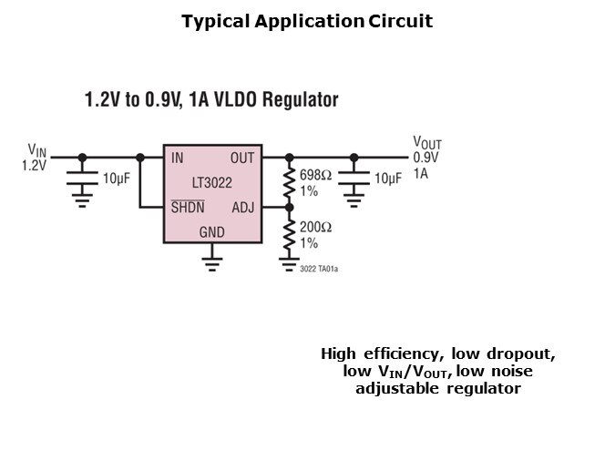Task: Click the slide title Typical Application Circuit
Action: coord(307,21)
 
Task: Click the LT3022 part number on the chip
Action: coord(211,182)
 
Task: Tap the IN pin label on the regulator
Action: coord(177,158)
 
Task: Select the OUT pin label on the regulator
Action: coord(242,158)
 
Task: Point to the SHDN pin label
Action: coord(188,207)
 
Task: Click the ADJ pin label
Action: coord(243,207)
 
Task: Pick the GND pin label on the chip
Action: coord(211,233)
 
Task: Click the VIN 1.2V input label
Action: coord(34,158)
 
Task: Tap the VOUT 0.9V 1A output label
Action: coord(426,157)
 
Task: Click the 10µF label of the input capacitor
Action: coord(117,179)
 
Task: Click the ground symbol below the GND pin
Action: coord(211,265)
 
